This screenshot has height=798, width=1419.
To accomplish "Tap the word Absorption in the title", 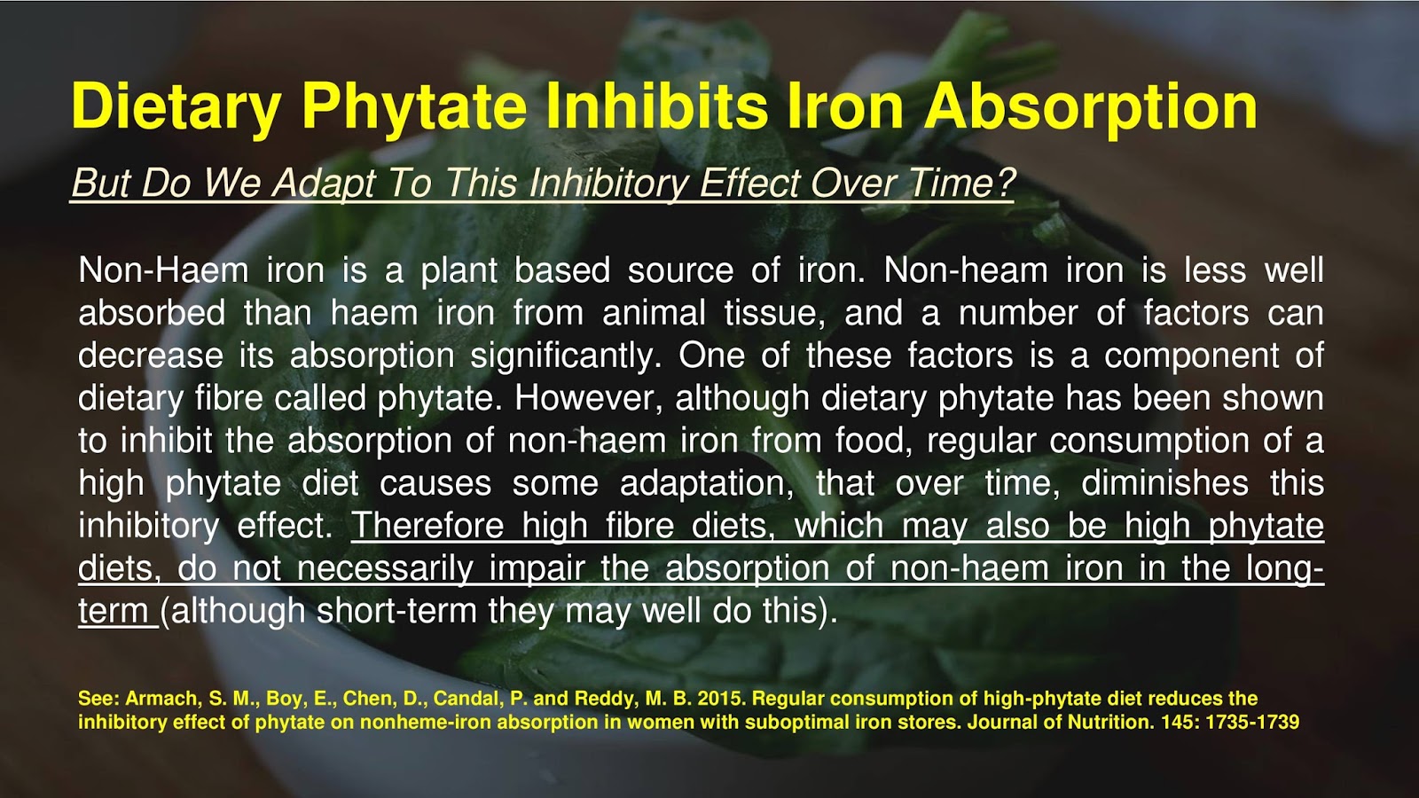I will click(x=1091, y=106).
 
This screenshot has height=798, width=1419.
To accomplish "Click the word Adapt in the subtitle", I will click(x=324, y=184).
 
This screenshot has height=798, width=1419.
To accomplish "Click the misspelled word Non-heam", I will click(x=966, y=270).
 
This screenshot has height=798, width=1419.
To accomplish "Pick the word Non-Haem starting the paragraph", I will click(x=163, y=270).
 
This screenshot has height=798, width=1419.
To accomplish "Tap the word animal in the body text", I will click(x=655, y=313).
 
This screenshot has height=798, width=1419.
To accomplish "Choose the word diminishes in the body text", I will click(x=1164, y=483).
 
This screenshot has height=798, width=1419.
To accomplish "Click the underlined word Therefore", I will click(x=427, y=526).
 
